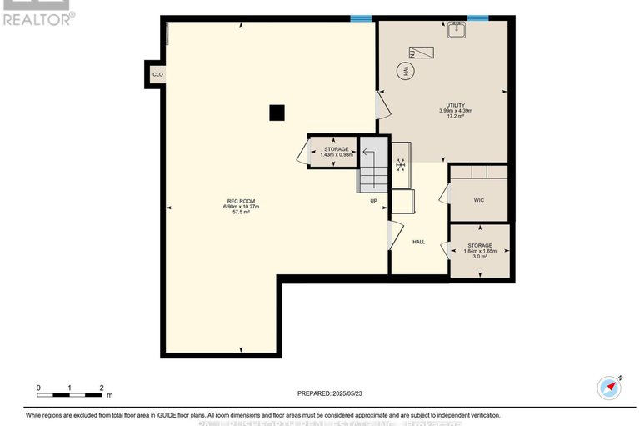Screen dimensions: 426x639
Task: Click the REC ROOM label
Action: click(x=241, y=200)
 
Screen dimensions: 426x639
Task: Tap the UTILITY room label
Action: click(x=455, y=105)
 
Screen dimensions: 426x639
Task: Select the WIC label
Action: click(x=478, y=200)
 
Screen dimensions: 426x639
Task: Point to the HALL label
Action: click(x=419, y=242)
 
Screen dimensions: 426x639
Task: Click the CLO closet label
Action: click(x=157, y=74)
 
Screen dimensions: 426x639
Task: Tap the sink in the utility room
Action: click(x=457, y=31)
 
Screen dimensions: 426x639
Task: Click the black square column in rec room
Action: click(x=277, y=113)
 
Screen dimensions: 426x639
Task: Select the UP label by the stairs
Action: click(x=375, y=200)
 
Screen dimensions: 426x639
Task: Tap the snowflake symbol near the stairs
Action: click(x=401, y=164)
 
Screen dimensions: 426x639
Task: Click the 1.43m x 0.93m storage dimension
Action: click(x=337, y=154)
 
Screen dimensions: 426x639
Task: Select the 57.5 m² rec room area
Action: click(x=241, y=212)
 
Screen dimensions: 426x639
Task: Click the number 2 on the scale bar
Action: click(x=101, y=388)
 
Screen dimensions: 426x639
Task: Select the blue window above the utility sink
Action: click(x=477, y=18)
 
